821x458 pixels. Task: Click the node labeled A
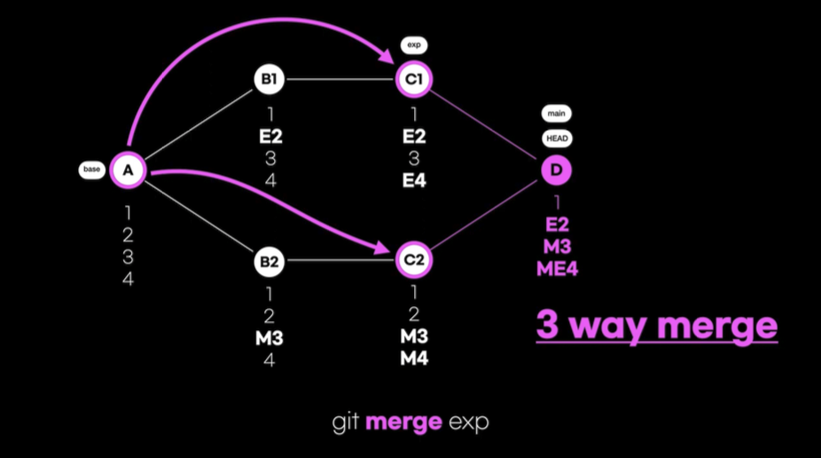(128, 170)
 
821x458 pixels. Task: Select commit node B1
(268, 80)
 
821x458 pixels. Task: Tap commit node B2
(268, 262)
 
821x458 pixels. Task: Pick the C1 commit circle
(414, 80)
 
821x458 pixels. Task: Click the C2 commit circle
(414, 260)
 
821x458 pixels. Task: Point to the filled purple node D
(557, 170)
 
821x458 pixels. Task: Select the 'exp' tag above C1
(413, 43)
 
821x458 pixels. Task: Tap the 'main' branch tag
(557, 114)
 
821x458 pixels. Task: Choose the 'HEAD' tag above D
(557, 138)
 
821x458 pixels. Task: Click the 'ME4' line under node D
(557, 267)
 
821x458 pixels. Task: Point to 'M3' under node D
(557, 246)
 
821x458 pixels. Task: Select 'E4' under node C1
(414, 179)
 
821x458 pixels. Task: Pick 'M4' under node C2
(414, 358)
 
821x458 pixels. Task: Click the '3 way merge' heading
(656, 326)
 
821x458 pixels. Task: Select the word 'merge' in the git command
(403, 422)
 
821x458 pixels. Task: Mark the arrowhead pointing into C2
(387, 251)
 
